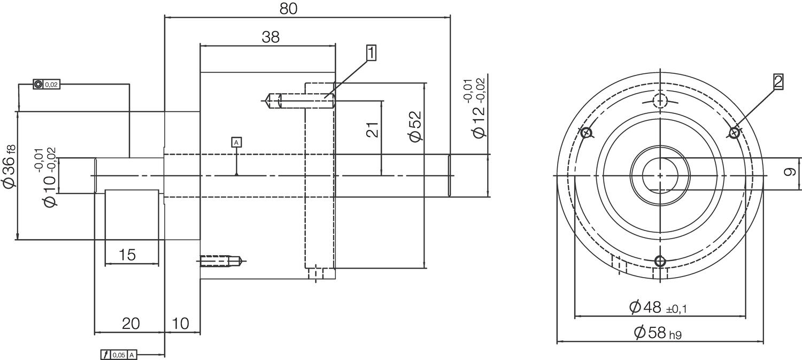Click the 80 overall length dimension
click(x=288, y=9)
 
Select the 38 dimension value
click(x=271, y=37)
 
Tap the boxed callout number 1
click(x=371, y=53)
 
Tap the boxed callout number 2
click(x=777, y=82)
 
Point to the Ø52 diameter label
click(x=415, y=126)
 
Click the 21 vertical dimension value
click(x=372, y=129)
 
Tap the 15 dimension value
click(x=127, y=255)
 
